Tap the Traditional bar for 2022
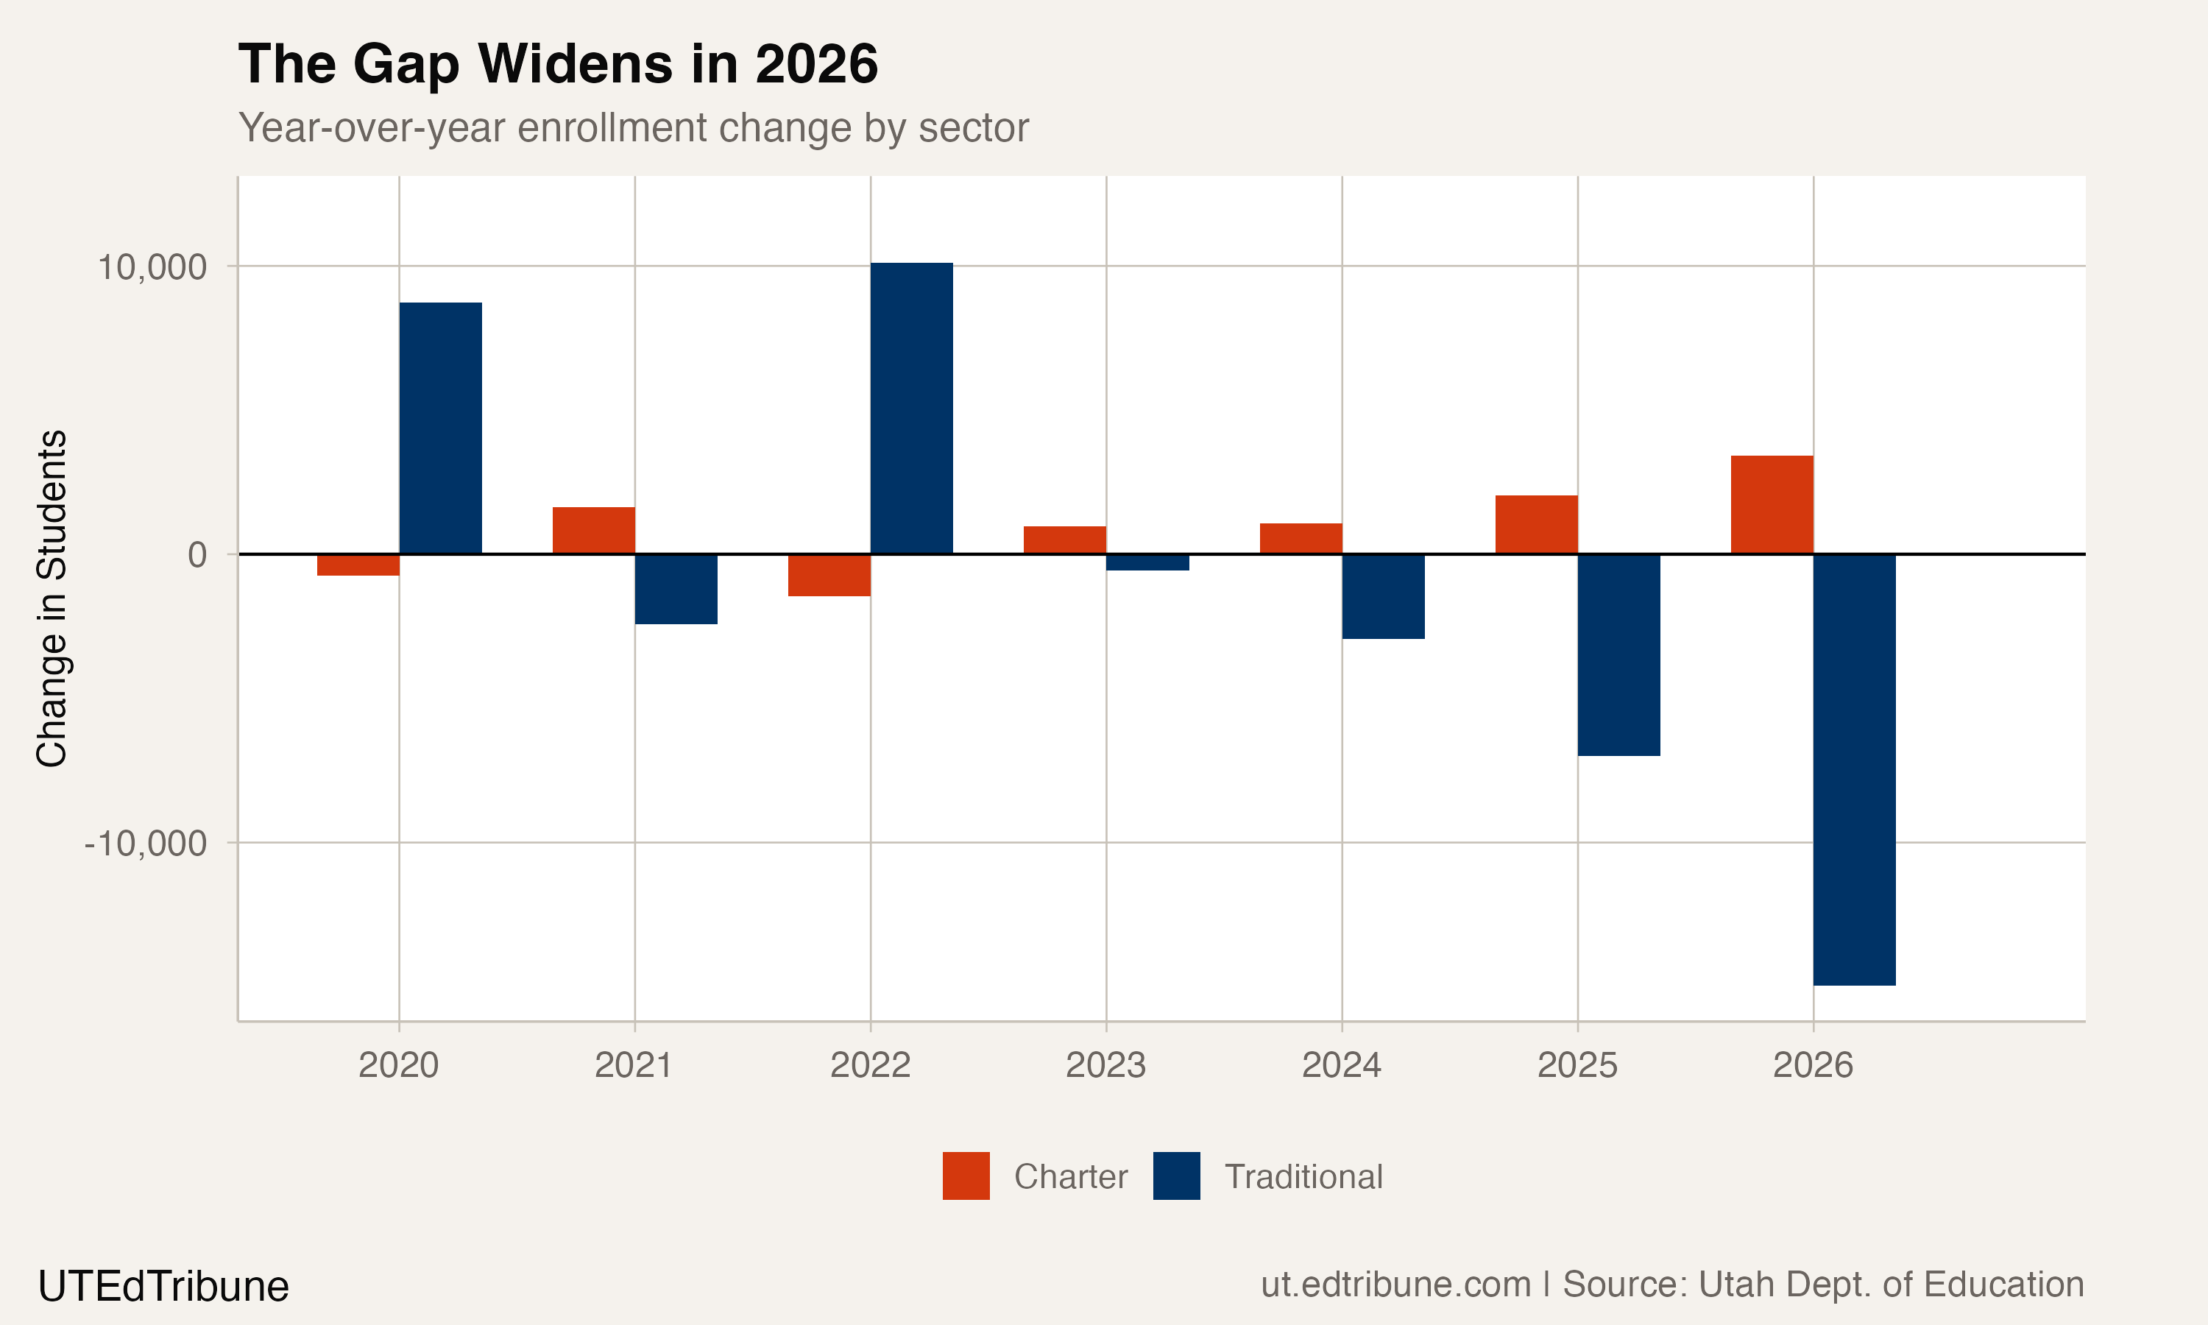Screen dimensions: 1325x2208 [911, 408]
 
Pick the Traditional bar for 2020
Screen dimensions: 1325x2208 [440, 428]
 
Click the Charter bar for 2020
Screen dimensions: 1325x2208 [358, 565]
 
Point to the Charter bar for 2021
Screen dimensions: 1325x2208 [593, 530]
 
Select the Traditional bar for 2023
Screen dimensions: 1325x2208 [1147, 562]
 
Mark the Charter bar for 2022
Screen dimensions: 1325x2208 [829, 575]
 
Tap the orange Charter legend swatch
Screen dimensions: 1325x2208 [966, 1176]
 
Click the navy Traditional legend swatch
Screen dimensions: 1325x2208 [1176, 1176]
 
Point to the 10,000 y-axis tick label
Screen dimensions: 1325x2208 [152, 267]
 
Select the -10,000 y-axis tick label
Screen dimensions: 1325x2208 [146, 843]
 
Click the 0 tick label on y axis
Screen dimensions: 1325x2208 [197, 555]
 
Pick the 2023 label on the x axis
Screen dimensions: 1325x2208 [1105, 1065]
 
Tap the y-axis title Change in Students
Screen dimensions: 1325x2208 [52, 598]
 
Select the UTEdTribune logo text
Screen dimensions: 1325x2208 [163, 1287]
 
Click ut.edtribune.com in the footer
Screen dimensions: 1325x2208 [1395, 1285]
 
